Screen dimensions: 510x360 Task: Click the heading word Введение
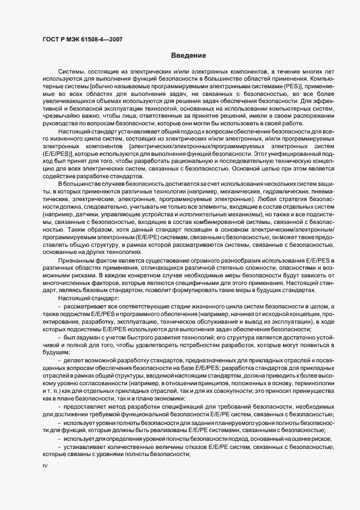pyautogui.click(x=188, y=56)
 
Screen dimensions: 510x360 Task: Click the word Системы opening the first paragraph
pyautogui.click(x=71, y=71)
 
